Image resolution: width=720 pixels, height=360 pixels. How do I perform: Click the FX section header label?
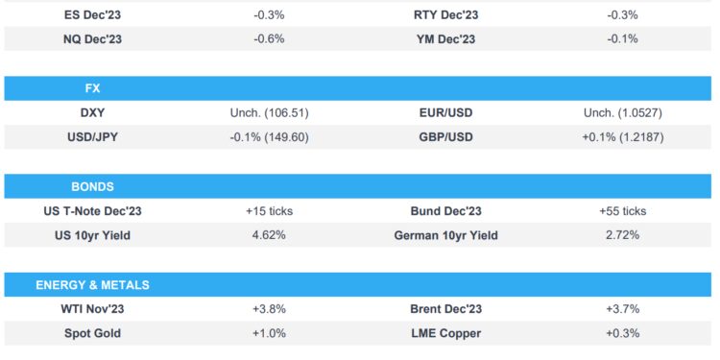point(92,88)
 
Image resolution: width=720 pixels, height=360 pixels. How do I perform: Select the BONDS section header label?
point(92,186)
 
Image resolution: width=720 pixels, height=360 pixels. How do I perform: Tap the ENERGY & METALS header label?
point(92,285)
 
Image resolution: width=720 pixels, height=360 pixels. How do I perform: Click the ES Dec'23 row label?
point(92,15)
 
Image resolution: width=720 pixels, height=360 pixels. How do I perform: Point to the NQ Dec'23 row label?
point(92,39)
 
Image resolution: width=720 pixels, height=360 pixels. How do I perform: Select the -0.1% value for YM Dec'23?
point(623,39)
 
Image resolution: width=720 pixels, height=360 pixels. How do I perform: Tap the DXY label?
point(92,113)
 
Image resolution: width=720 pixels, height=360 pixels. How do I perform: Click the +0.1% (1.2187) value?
point(623,137)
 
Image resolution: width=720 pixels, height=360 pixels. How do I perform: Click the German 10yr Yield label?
point(445,235)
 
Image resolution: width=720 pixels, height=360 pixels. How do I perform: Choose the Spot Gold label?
point(92,333)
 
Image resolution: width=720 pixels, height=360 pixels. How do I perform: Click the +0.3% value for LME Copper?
point(623,333)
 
